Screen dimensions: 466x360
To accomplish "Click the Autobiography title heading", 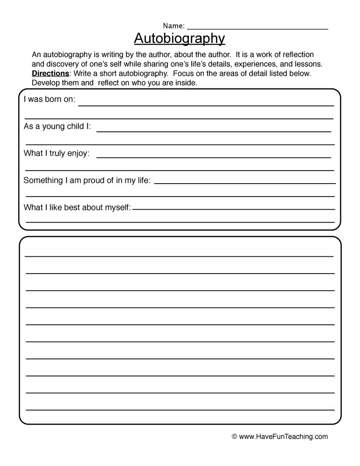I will coord(180,38).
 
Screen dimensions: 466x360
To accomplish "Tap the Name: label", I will coord(173,26).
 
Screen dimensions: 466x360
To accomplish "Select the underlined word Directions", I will coord(50,74).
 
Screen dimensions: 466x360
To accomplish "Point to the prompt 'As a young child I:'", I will coord(57,127).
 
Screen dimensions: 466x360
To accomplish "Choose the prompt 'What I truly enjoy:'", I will coord(56,153).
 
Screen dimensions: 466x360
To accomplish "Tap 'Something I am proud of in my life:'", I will coord(87,180).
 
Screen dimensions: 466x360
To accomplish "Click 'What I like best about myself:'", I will coord(77,207).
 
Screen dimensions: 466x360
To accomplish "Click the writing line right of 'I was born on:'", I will coord(205,105).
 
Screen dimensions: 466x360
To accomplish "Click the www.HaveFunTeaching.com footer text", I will coord(284,437).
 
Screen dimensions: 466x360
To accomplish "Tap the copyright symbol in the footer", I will coord(235,437).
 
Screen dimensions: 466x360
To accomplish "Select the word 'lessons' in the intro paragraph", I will coord(308,64).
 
